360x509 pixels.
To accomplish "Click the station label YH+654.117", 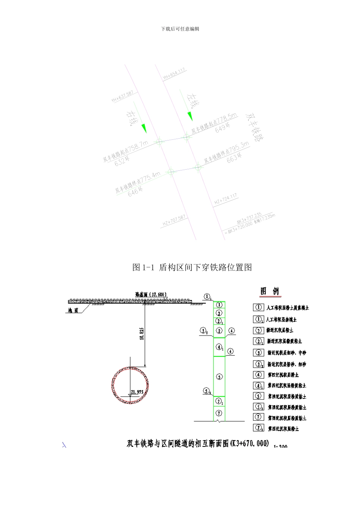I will [x=174, y=73].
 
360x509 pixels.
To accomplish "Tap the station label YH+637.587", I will [x=122, y=97].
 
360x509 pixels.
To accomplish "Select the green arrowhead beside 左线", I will [x=188, y=115].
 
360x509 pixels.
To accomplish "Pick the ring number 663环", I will [x=234, y=158].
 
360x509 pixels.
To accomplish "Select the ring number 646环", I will [x=136, y=192].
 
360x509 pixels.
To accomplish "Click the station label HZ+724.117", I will [x=225, y=199].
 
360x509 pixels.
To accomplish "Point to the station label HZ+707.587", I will [x=174, y=220].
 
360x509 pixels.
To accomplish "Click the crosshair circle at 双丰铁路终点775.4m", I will [x=171, y=171].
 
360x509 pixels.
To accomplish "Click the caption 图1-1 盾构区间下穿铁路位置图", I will [x=192, y=267].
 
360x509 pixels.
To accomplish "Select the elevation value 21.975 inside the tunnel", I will [x=137, y=392].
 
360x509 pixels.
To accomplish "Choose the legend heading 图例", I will [x=269, y=291].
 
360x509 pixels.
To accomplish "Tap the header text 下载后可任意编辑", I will [x=180, y=29].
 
